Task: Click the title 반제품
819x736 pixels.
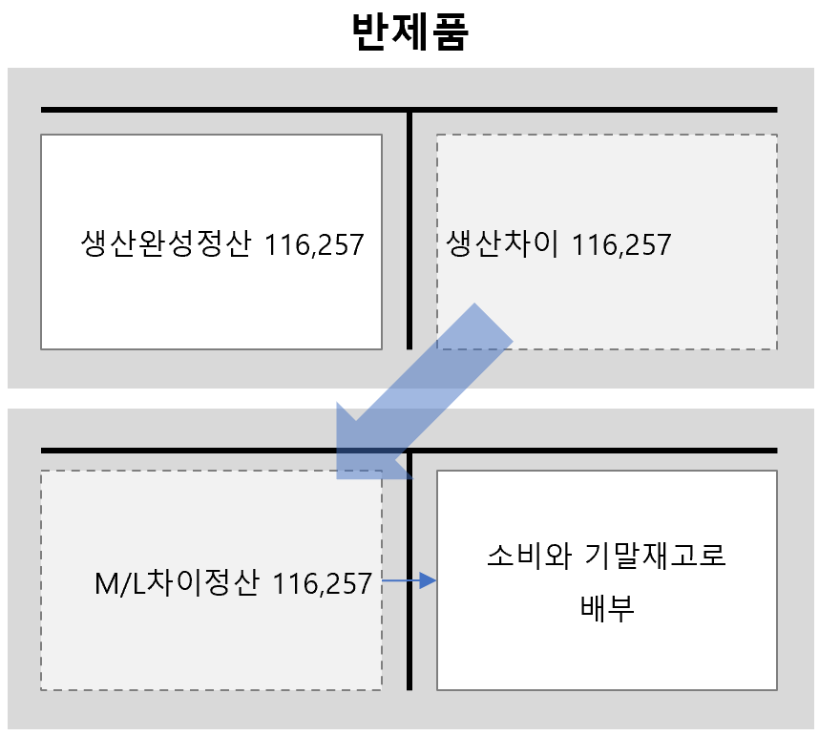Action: click(409, 32)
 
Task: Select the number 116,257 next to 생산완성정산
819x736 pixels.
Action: click(314, 245)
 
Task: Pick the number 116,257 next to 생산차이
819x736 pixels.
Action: click(621, 245)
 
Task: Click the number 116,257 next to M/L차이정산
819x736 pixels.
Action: click(322, 583)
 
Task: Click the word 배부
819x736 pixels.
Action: click(607, 607)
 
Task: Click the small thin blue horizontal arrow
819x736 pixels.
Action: click(406, 580)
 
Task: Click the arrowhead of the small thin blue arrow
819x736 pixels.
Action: click(430, 580)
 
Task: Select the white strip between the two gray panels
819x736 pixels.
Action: click(409, 398)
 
